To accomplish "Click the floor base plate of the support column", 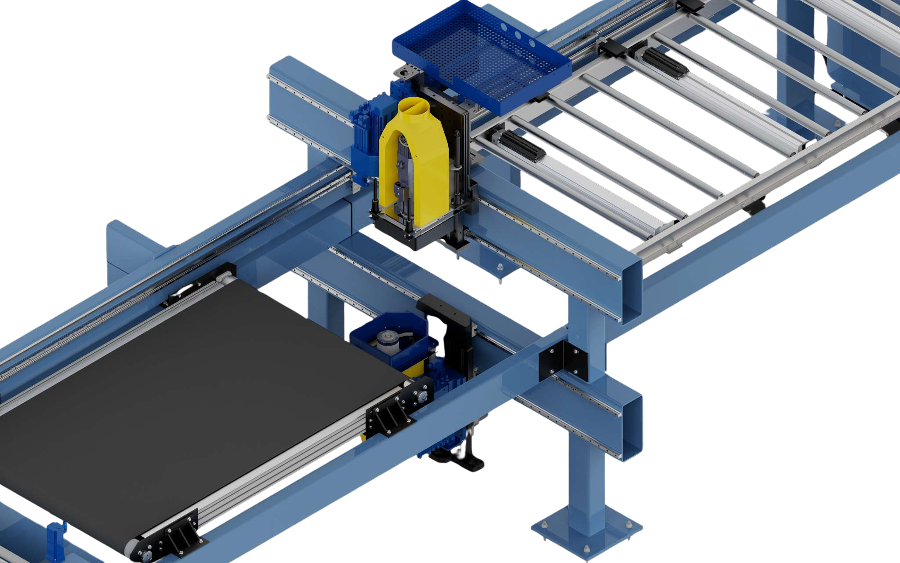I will (x=587, y=532).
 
